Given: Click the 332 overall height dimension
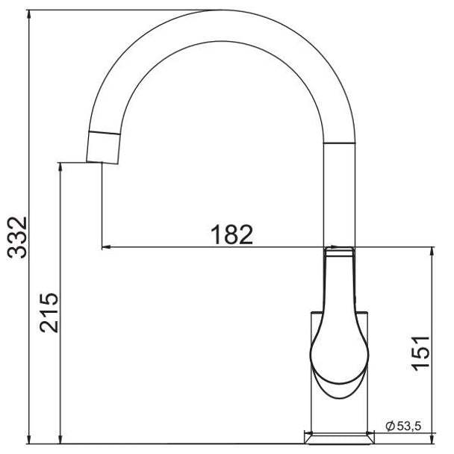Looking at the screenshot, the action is [x=17, y=237].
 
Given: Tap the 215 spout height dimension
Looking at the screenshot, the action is [x=49, y=313].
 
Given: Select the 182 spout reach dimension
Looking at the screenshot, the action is [x=231, y=234].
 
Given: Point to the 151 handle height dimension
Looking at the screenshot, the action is [x=420, y=353].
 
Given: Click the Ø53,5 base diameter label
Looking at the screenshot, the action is [x=403, y=426].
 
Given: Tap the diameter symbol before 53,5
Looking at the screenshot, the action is [x=390, y=426].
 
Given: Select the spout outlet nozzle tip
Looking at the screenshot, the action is [x=103, y=148].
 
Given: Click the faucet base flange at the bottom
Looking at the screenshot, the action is [x=339, y=438].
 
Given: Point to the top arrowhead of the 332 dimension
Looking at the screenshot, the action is [x=28, y=14].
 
